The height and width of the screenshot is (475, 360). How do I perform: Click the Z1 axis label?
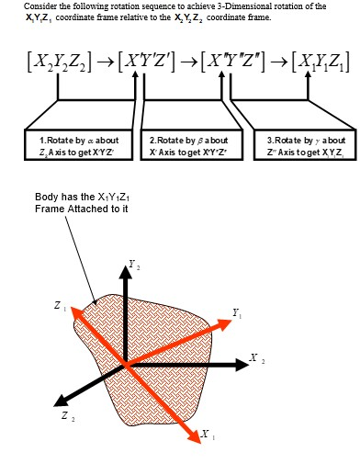coord(60,306)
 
